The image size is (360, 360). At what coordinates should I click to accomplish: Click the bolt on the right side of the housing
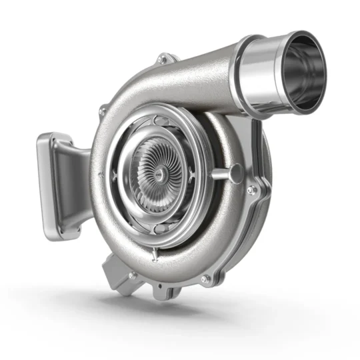click(251, 190)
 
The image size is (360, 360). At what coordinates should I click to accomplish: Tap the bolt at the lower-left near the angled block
click(133, 274)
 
